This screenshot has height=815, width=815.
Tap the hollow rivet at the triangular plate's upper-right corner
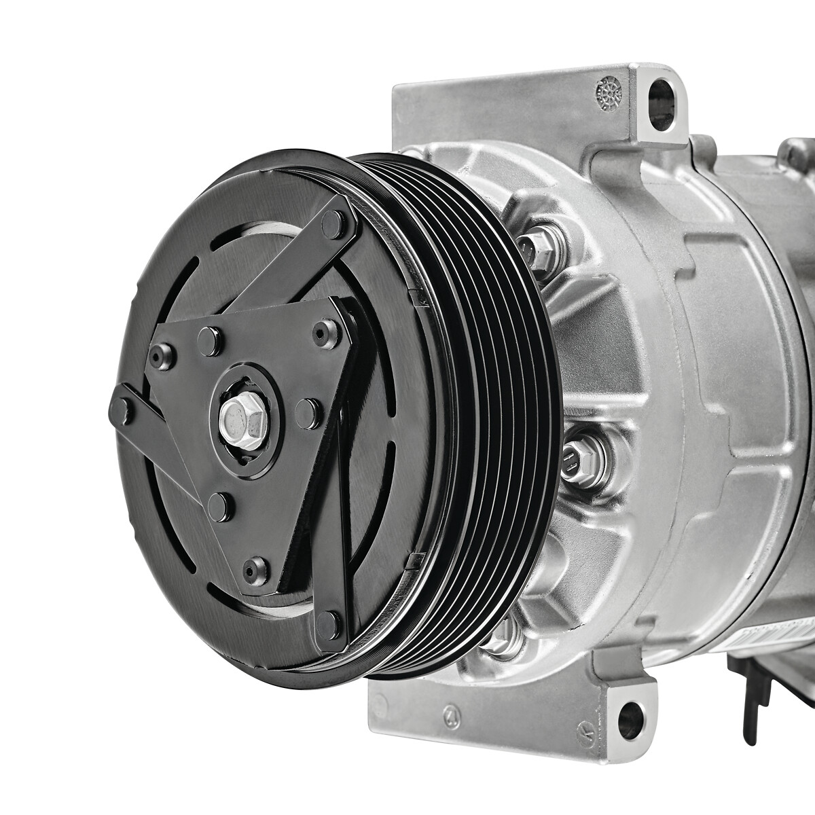click(319, 331)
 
